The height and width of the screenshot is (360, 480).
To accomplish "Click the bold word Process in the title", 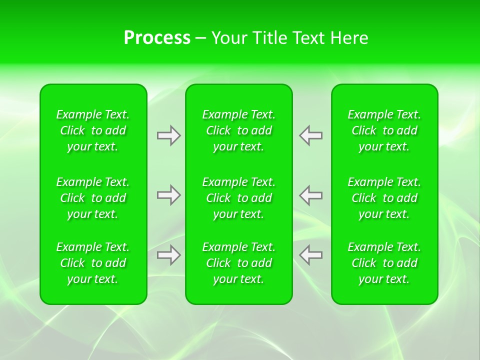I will [x=157, y=38].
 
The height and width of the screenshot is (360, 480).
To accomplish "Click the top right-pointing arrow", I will [x=168, y=135].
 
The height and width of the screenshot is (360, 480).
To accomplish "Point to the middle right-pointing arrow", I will [x=168, y=195].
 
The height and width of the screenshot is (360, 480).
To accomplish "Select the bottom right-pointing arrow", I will [x=168, y=255].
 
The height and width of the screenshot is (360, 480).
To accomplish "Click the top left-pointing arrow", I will [x=311, y=135].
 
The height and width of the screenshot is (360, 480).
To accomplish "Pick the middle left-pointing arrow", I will [x=311, y=195].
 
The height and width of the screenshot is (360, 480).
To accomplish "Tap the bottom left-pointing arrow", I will [x=311, y=255].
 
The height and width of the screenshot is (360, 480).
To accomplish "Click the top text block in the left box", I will [x=93, y=130].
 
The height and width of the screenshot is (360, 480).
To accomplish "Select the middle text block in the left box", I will [x=93, y=198].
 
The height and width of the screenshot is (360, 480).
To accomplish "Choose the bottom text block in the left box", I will [x=93, y=263].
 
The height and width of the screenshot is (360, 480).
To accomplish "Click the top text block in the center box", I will [x=238, y=130].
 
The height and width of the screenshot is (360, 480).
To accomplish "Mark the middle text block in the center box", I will [x=238, y=198].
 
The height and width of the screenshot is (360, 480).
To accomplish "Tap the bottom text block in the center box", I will [x=238, y=263].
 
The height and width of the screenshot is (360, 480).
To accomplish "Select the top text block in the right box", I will [x=384, y=130].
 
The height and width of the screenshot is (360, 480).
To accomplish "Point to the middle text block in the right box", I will [x=384, y=198].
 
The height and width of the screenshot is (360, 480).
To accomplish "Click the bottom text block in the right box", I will [x=384, y=263].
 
